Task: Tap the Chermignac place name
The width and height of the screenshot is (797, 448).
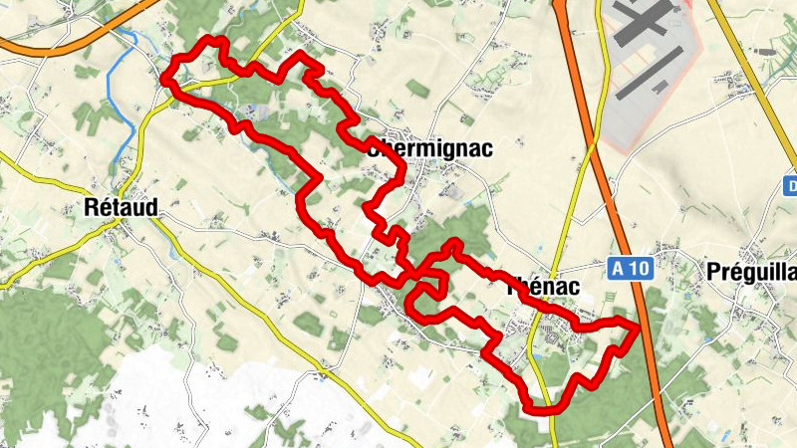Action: click(430, 149)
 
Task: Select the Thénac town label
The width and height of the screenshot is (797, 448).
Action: click(542, 283)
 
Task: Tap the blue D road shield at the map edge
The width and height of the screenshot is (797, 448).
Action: click(790, 186)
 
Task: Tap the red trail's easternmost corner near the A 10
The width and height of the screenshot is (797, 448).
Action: click(635, 325)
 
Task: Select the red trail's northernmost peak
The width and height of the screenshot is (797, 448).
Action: click(210, 41)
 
